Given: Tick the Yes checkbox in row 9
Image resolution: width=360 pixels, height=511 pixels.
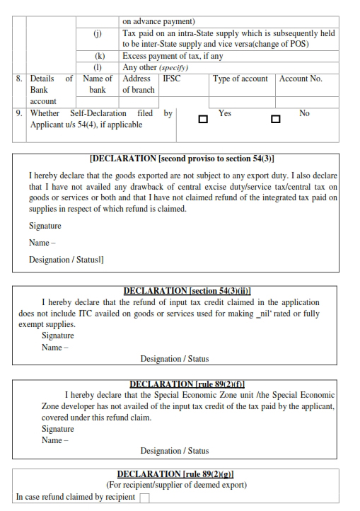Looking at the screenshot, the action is [203, 119].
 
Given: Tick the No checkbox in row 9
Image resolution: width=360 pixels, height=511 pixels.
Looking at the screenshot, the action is [276, 119].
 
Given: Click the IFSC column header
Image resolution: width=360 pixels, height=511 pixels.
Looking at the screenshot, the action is [171, 79].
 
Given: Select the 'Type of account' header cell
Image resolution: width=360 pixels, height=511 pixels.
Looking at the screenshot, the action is [240, 79].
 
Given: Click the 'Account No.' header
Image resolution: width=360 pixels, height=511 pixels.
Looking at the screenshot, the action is [301, 79].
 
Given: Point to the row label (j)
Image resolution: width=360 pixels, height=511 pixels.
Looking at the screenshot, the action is [97, 33].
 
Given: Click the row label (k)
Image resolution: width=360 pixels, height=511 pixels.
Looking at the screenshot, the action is [97, 56].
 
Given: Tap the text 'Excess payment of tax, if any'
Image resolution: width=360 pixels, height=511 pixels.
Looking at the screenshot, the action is [173, 56].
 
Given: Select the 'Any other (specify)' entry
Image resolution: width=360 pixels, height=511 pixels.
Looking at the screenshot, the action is [156, 67].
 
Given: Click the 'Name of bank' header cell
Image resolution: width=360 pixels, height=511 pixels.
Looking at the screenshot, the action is [98, 84].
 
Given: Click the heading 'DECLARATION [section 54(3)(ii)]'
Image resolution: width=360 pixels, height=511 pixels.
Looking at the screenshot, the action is [187, 291].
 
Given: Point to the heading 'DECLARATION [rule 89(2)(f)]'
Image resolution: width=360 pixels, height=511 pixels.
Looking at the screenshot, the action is [187, 384].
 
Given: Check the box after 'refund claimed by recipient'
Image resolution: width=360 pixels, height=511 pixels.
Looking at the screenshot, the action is [145, 498].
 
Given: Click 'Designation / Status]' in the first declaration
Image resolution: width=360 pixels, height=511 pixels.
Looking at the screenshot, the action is [66, 260].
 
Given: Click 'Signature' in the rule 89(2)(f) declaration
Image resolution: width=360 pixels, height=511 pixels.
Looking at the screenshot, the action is [57, 429].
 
